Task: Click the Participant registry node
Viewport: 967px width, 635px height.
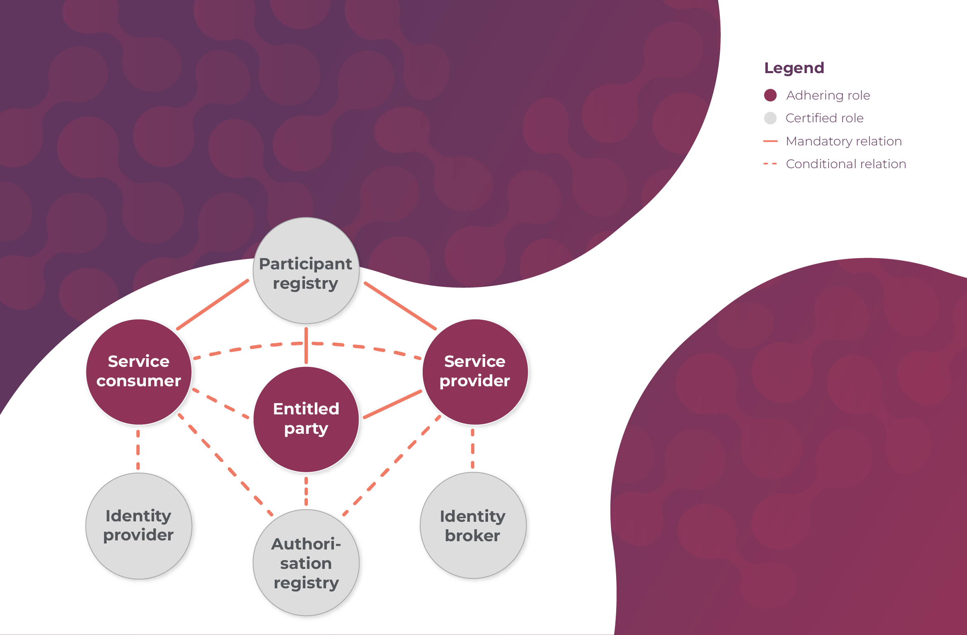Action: point(306,271)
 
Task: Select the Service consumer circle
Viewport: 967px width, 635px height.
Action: point(139,371)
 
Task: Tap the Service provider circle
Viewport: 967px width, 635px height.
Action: point(475,371)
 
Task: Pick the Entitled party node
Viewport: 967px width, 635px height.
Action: point(306,419)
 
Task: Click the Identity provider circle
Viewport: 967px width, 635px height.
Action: point(139,526)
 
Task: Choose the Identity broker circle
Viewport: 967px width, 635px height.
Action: point(473,526)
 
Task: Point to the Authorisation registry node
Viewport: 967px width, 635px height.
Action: point(306,563)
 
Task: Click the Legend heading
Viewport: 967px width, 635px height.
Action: point(794,68)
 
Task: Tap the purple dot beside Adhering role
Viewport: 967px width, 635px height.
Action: point(770,95)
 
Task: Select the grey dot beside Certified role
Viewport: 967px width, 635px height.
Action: point(770,118)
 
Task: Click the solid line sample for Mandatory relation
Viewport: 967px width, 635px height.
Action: point(770,141)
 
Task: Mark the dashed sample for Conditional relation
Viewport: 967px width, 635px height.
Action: point(770,164)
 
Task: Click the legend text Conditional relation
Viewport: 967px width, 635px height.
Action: point(846,164)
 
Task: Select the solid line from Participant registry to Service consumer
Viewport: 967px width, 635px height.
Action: point(213,304)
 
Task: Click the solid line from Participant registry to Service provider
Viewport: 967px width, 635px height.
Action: point(400,306)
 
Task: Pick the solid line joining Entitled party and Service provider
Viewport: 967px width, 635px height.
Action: point(393,404)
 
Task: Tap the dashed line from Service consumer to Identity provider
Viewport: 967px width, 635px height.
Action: point(138,449)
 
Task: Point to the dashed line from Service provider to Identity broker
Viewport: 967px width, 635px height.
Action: point(473,449)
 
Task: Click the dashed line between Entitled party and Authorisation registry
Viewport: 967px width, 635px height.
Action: point(306,491)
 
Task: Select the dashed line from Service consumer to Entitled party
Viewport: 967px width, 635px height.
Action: point(221,404)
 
